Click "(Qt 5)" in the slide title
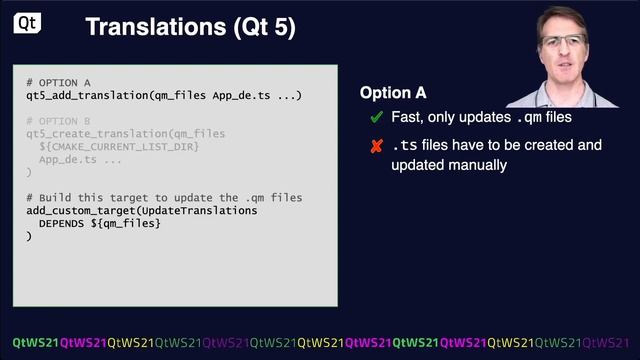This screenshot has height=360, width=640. (266, 27)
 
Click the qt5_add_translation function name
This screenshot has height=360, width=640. (87, 95)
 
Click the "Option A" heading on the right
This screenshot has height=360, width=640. (393, 93)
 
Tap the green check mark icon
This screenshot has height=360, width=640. (376, 119)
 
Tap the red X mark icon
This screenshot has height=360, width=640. (376, 147)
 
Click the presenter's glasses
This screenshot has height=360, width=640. (564, 42)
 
